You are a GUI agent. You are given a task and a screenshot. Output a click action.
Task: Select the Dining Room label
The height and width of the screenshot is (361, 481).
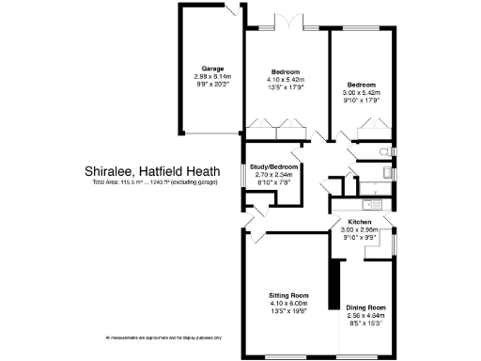(366, 307)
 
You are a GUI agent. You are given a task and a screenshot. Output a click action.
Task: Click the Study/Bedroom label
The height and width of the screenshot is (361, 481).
(275, 167)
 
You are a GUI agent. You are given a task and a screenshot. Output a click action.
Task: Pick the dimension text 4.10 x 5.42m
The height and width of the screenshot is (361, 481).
(286, 80)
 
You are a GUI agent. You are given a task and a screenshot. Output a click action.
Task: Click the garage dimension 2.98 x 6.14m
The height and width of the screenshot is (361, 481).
(210, 75)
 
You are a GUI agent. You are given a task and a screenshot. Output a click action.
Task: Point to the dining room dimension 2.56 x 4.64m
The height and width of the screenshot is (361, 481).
(366, 315)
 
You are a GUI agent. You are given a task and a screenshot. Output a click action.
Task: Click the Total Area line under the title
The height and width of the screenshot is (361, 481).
(154, 181)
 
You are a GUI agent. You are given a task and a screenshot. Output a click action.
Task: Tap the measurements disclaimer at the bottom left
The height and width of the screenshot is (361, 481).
(163, 337)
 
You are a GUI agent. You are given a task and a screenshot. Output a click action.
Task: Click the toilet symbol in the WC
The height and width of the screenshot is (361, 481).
(382, 152)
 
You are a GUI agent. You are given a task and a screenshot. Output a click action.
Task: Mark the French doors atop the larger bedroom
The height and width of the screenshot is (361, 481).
(286, 21)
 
